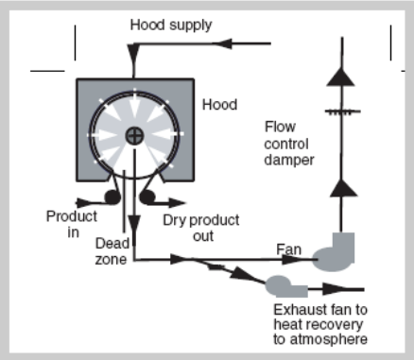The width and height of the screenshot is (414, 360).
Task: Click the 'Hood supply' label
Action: click(171, 26)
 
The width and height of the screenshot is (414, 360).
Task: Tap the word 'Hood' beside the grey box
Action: click(219, 105)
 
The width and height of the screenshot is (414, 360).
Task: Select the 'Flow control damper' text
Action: click(289, 144)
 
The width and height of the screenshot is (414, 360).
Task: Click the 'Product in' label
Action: click(72, 224)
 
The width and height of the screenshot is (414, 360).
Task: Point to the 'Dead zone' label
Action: click(112, 251)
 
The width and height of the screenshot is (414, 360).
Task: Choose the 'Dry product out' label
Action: click(201, 228)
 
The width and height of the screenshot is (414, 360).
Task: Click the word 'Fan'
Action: click(288, 249)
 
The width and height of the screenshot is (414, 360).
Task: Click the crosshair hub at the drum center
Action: click(135, 136)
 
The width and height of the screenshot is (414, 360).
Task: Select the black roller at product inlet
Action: click(112, 197)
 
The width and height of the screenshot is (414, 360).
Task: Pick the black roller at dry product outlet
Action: click(147, 197)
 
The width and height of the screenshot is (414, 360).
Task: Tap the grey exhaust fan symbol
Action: click(286, 286)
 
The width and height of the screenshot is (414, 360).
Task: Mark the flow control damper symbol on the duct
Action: click(342, 111)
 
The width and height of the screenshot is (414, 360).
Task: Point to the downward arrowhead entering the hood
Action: click(133, 54)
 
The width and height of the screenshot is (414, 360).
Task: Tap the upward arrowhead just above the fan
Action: click(343, 188)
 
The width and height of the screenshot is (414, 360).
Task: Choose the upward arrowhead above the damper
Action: click(341, 77)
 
